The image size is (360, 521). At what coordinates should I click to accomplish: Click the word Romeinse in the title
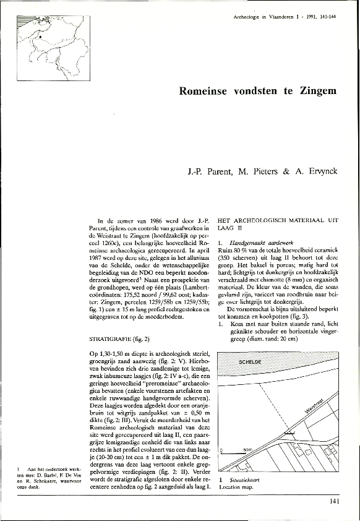(204, 90)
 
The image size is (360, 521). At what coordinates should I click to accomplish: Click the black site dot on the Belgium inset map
(40, 37)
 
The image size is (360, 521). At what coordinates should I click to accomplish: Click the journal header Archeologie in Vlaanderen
(257, 15)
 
